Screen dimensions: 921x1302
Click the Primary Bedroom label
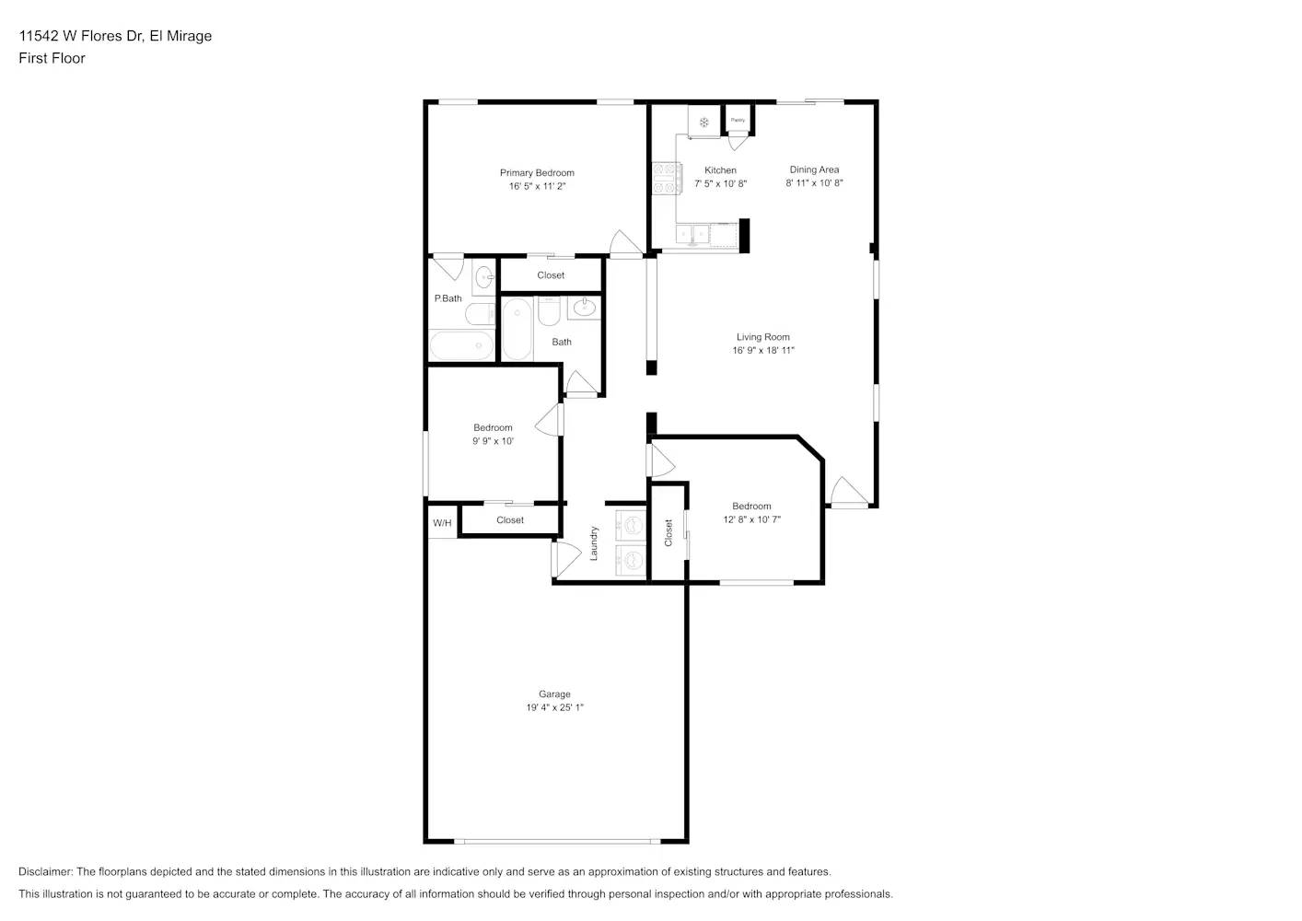click(x=537, y=173)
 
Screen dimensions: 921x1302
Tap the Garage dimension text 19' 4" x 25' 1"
click(x=554, y=707)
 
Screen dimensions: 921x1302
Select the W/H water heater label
click(x=442, y=523)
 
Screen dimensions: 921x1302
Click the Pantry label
click(x=738, y=120)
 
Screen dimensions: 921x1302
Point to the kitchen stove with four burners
click(x=665, y=178)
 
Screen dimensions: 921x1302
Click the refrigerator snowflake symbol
click(x=703, y=122)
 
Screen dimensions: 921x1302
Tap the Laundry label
click(x=594, y=543)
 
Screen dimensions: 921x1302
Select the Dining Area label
click(x=814, y=169)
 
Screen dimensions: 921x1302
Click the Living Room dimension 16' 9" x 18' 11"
click(x=762, y=350)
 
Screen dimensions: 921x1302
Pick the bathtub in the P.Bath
click(x=461, y=347)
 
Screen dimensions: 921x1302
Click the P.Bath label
click(x=448, y=298)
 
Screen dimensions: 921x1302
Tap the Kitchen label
click(x=720, y=170)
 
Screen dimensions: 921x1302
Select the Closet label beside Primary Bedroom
click(x=551, y=275)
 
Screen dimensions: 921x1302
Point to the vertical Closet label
click(x=668, y=532)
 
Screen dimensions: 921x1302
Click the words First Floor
click(x=52, y=58)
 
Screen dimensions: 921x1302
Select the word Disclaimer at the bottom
click(x=45, y=871)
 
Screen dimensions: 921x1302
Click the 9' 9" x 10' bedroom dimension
click(x=493, y=441)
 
